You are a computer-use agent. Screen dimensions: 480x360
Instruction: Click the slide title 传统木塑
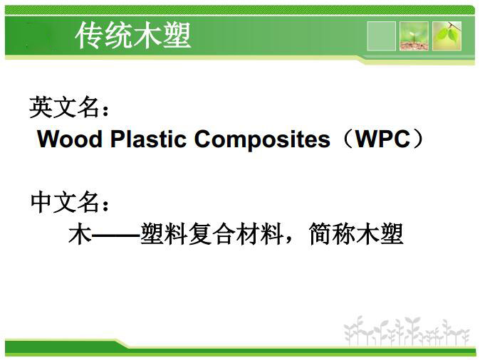pos(133,36)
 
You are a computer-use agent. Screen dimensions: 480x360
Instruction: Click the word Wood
pos(70,139)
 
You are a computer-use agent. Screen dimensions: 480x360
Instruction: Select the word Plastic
pos(148,139)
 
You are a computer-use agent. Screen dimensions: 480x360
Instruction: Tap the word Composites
pos(262,139)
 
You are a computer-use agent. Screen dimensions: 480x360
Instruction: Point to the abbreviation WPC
pos(382,139)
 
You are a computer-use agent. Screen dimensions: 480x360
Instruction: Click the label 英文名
pos(65,107)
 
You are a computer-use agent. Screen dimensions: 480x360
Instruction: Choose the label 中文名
pos(66,202)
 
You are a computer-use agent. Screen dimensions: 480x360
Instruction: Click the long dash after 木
pos(115,235)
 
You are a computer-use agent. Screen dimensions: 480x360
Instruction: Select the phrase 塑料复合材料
pos(212,234)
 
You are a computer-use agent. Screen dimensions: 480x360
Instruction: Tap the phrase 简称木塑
pos(356,234)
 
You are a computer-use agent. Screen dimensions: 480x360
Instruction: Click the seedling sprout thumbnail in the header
pos(414,36)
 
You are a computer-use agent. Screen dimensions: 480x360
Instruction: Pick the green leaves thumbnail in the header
pos(447,36)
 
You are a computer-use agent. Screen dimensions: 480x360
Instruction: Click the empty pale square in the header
pos(381,36)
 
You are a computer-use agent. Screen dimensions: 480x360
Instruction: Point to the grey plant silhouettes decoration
pos(407,331)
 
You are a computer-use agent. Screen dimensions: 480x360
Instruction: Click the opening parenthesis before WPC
pos(347,139)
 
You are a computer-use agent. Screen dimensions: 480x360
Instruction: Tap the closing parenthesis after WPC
pos(417,139)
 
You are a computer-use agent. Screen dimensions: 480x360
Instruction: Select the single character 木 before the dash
pos(80,234)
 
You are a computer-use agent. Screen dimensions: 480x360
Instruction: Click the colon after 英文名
pos(105,111)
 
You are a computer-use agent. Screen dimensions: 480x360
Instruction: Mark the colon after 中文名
pos(105,206)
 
